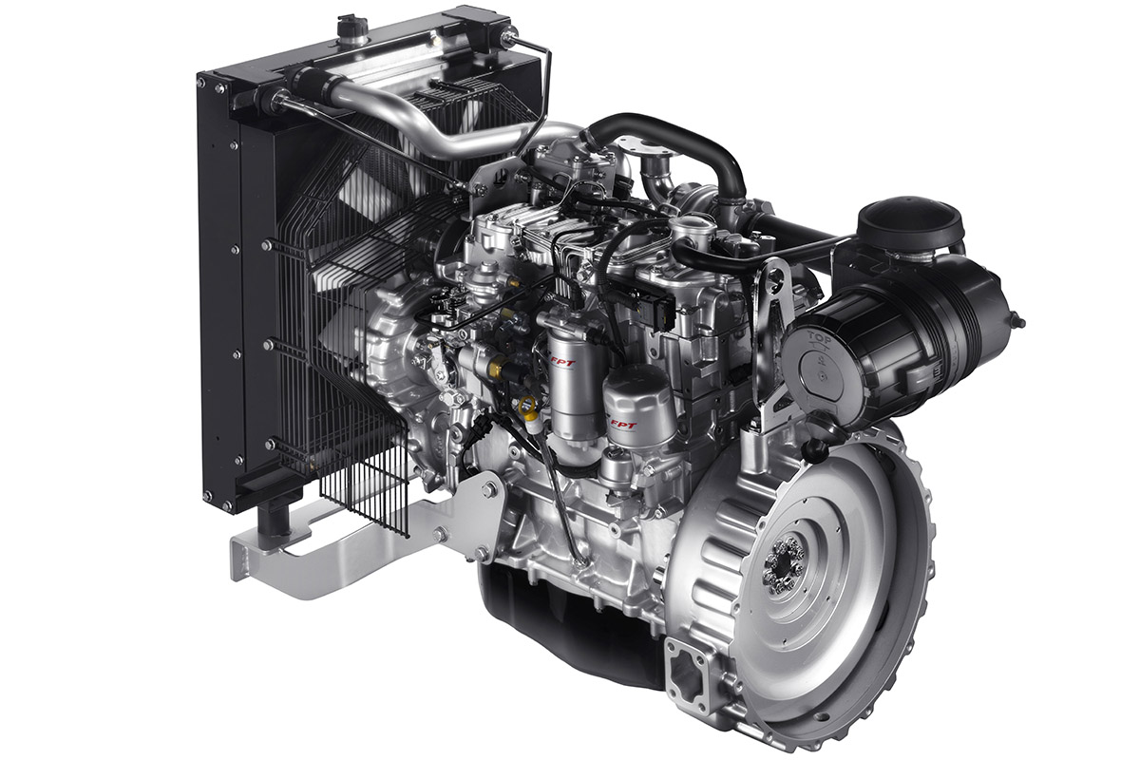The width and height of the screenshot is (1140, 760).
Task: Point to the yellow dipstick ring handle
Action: click(x=527, y=407)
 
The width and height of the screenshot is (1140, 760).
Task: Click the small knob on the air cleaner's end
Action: click(x=1017, y=321)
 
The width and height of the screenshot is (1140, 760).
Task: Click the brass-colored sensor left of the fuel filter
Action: click(x=496, y=365)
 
